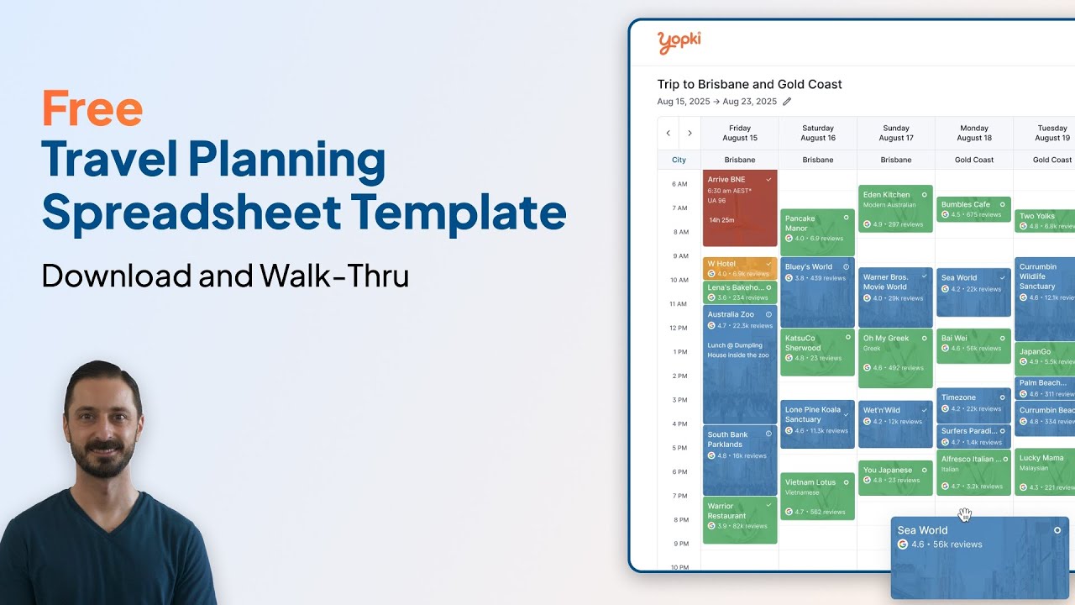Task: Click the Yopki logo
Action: tap(679, 42)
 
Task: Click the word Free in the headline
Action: tap(92, 109)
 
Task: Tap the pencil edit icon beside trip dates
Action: tap(787, 102)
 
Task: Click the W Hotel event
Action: tap(739, 268)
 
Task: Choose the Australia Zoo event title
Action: tap(731, 314)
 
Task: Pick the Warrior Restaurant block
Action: tap(739, 519)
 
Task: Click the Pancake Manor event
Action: tap(816, 232)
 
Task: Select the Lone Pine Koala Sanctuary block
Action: tap(816, 423)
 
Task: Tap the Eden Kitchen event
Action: tap(895, 208)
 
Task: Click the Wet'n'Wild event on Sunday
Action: tap(895, 423)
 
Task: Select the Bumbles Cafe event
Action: tap(973, 209)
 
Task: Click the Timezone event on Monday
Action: tap(973, 405)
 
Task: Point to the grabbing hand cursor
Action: tap(964, 514)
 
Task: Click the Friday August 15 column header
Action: tap(739, 133)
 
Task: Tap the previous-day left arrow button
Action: tap(668, 134)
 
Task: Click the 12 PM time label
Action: tap(678, 328)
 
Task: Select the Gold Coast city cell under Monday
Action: tap(974, 160)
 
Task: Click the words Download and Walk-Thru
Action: tap(225, 276)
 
